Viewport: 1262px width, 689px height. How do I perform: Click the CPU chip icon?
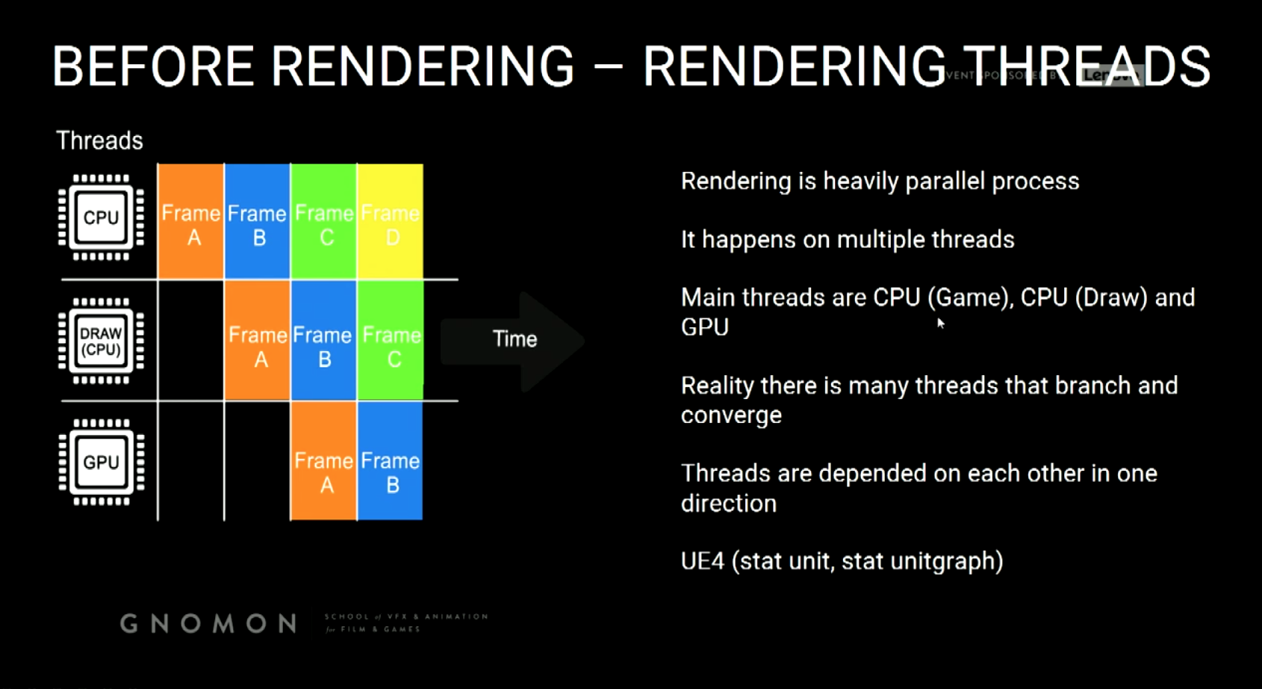pyautogui.click(x=101, y=217)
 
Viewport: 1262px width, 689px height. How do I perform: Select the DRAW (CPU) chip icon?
pyautogui.click(x=101, y=341)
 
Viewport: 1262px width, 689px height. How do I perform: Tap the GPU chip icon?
pyautogui.click(x=101, y=462)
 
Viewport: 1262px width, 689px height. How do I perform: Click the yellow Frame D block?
pyautogui.click(x=391, y=222)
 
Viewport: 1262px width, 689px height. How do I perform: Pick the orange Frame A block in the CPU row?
pyautogui.click(x=191, y=222)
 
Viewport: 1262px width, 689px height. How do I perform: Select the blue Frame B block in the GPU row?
pyautogui.click(x=391, y=461)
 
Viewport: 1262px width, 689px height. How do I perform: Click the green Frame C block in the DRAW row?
pyautogui.click(x=391, y=342)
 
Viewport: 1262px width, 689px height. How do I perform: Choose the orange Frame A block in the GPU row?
pyautogui.click(x=323, y=461)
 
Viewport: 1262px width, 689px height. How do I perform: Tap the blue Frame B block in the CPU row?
pyautogui.click(x=257, y=222)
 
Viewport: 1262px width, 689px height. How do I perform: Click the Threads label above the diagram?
pyautogui.click(x=99, y=140)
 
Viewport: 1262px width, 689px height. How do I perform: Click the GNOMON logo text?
pyautogui.click(x=209, y=623)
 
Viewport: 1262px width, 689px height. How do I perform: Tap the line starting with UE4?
pyautogui.click(x=842, y=561)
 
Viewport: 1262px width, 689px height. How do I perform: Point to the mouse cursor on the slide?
pyautogui.click(x=940, y=323)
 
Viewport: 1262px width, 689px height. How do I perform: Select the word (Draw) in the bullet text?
pyautogui.click(x=1110, y=298)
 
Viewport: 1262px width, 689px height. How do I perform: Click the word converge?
pyautogui.click(x=731, y=415)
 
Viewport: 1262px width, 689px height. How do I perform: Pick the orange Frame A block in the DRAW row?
pyautogui.click(x=257, y=342)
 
